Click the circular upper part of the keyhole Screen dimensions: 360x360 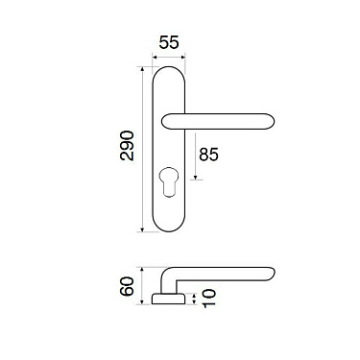point(173,180)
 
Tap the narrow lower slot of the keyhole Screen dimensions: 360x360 point(173,193)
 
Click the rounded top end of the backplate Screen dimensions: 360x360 point(173,70)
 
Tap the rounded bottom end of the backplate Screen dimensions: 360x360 point(173,228)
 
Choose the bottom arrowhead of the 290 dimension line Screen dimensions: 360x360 point(142,231)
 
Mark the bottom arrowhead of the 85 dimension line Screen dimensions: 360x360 point(198,180)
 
